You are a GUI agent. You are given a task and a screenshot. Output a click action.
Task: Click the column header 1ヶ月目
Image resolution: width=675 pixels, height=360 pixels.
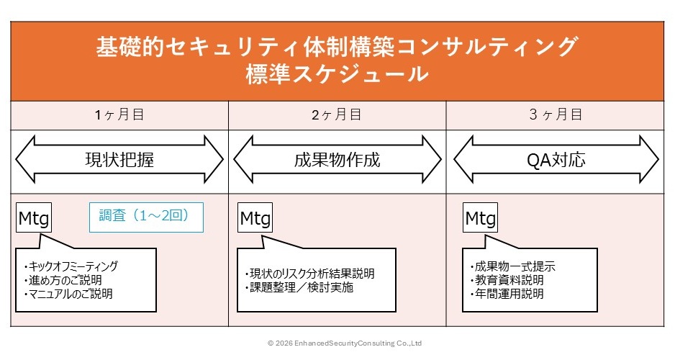pyautogui.click(x=119, y=114)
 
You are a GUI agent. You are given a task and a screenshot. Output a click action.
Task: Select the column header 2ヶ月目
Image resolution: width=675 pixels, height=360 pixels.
pyautogui.click(x=337, y=114)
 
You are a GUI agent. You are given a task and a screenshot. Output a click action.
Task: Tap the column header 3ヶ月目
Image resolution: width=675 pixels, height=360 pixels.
pyautogui.click(x=555, y=114)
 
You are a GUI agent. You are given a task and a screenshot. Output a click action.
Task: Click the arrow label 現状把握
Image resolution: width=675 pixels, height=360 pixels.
pyautogui.click(x=119, y=159)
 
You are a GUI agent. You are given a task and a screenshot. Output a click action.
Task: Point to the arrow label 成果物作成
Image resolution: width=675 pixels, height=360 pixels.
pyautogui.click(x=337, y=159)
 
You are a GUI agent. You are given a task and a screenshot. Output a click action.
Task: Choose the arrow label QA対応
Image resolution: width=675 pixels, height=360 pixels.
pyautogui.click(x=555, y=159)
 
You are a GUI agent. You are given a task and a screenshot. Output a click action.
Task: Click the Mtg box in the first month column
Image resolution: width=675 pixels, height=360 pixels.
pyautogui.click(x=33, y=217)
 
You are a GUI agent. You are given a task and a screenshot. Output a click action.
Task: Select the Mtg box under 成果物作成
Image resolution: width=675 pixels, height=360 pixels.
pyautogui.click(x=255, y=217)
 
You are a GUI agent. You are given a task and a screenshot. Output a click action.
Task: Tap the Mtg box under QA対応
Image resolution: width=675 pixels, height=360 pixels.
pyautogui.click(x=481, y=217)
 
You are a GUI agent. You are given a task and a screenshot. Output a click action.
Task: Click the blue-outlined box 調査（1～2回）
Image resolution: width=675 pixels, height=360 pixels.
pyautogui.click(x=146, y=216)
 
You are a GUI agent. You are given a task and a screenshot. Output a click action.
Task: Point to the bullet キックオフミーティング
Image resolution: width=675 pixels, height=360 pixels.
pyautogui.click(x=71, y=266)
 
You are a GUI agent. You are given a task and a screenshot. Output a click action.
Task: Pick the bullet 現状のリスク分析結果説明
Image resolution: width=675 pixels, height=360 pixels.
pyautogui.click(x=309, y=274)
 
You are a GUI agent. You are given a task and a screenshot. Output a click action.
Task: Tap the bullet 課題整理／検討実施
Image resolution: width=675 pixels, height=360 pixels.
pyautogui.click(x=299, y=287)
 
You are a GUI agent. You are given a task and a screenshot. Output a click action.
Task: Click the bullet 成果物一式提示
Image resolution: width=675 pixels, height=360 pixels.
pyautogui.click(x=511, y=266)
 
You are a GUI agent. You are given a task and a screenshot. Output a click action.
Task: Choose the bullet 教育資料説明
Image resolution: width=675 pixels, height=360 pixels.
pyautogui.click(x=505, y=280)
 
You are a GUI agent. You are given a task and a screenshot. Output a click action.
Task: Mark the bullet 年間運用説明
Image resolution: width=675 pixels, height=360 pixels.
pyautogui.click(x=505, y=294)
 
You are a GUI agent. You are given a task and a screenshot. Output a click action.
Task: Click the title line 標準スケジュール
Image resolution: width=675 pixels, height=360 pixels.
pyautogui.click(x=337, y=74)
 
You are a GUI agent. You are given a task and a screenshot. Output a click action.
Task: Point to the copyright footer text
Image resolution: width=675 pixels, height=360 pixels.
pyautogui.click(x=344, y=343)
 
